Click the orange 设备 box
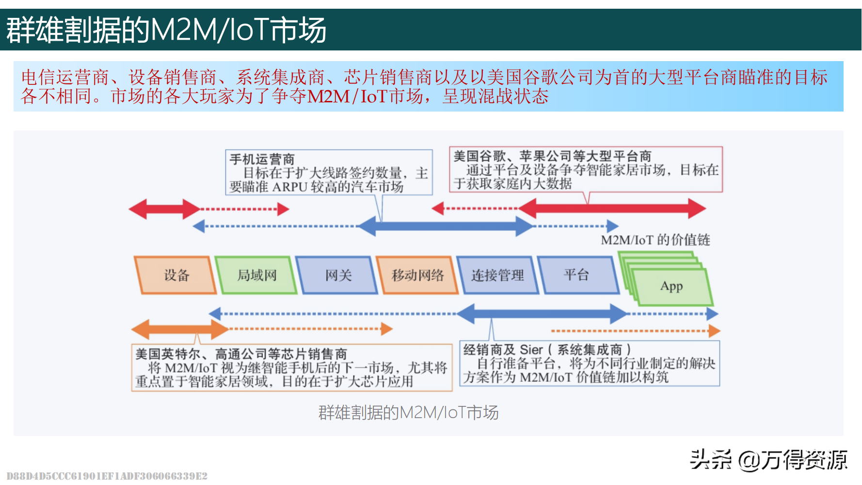point(176,275)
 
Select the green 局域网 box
point(256,275)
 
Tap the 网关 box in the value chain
point(338,275)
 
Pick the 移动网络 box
point(417,275)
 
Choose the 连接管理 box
point(497,275)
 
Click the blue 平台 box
point(576,275)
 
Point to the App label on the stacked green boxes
point(671,286)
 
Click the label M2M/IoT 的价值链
point(655,240)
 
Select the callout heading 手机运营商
point(262,159)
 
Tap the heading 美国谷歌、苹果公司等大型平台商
point(552,156)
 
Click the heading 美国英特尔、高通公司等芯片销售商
point(241,354)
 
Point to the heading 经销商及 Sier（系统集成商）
point(547,349)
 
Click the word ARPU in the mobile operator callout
point(290,187)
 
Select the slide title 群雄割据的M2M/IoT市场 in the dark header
point(166,30)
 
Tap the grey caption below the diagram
point(408,412)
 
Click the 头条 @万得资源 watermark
point(768,459)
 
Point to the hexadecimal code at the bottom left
point(107,476)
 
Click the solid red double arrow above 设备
point(164,209)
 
